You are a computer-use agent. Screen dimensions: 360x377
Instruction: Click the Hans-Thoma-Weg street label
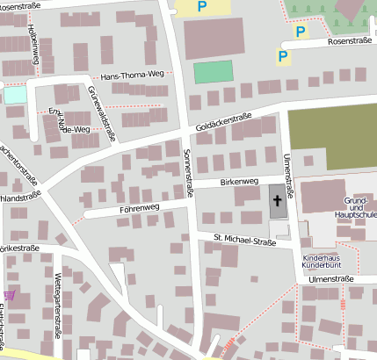pyautogui.click(x=133, y=77)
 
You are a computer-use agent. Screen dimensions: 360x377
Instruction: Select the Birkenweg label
pyautogui.click(x=238, y=182)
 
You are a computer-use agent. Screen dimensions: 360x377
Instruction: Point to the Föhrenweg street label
pyautogui.click(x=139, y=209)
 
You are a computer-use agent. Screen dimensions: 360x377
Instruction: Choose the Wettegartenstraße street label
pyautogui.click(x=58, y=299)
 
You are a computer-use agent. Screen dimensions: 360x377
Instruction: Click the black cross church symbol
pyautogui.click(x=278, y=201)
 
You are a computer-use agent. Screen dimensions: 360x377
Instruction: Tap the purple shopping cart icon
pyautogui.click(x=10, y=296)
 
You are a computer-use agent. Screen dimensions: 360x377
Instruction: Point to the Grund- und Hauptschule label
pyautogui.click(x=355, y=207)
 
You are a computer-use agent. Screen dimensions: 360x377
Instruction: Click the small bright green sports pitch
pyautogui.click(x=213, y=72)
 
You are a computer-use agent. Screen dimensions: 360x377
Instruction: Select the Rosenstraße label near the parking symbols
pyautogui.click(x=351, y=41)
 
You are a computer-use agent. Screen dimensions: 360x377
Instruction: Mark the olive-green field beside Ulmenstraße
pyautogui.click(x=332, y=137)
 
